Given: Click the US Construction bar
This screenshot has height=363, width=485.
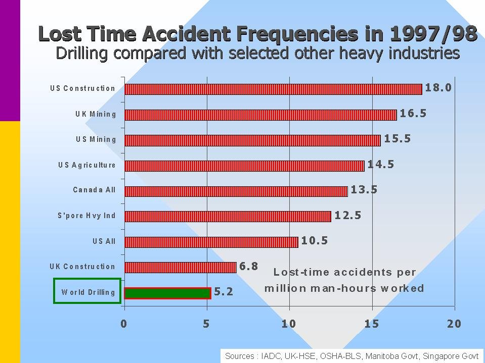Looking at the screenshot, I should pyautogui.click(x=273, y=89).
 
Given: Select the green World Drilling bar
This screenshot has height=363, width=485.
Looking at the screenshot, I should pyautogui.click(x=167, y=293).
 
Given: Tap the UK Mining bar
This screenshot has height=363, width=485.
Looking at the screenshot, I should pyautogui.click(x=260, y=115).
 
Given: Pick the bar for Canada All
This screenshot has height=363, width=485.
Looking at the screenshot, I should pyautogui.click(x=236, y=191).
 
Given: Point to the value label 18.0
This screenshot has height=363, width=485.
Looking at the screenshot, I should pyautogui.click(x=438, y=88).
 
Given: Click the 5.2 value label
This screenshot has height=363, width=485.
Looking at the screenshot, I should pyautogui.click(x=224, y=292).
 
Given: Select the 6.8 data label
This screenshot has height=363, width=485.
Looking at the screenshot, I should pyautogui.click(x=248, y=266).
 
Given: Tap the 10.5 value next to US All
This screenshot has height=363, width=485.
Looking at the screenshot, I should pyautogui.click(x=315, y=241).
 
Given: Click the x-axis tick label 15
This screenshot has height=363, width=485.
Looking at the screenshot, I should pyautogui.click(x=372, y=324).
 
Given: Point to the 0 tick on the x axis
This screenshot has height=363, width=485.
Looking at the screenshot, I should pyautogui.click(x=124, y=324).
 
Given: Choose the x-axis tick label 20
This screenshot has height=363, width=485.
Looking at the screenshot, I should pyautogui.click(x=454, y=324).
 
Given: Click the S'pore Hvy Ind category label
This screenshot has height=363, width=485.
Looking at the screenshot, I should pyautogui.click(x=86, y=216).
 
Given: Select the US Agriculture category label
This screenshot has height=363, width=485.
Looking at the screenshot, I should pyautogui.click(x=87, y=165).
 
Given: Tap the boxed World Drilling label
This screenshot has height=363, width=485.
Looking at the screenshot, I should pyautogui.click(x=88, y=292).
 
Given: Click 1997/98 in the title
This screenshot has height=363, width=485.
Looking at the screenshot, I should pyautogui.click(x=433, y=34).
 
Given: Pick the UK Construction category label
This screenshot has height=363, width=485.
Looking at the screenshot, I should pyautogui.click(x=82, y=267).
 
